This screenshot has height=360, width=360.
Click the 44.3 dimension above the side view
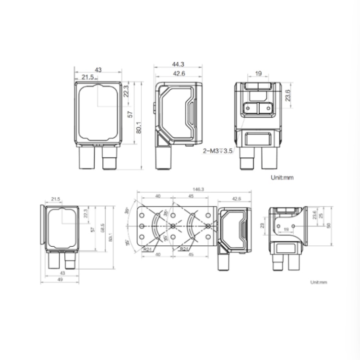pyautogui.click(x=179, y=64)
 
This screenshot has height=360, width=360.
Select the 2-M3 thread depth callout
pyautogui.click(x=217, y=151)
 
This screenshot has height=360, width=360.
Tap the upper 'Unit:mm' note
pyautogui.click(x=282, y=177)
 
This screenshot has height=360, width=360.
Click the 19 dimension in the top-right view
pyautogui.click(x=258, y=73)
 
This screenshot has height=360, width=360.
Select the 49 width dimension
pyautogui.click(x=60, y=279)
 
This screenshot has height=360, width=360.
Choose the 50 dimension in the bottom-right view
pyautogui.click(x=329, y=226)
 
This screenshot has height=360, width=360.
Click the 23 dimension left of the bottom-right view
pyautogui.click(x=262, y=225)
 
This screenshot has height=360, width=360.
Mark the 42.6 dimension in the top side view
pyautogui.click(x=179, y=73)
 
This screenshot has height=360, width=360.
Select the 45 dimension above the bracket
pyautogui.click(x=191, y=196)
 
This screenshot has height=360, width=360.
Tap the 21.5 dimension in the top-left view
pyautogui.click(x=87, y=77)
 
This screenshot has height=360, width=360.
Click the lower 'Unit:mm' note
pyautogui.click(x=318, y=282)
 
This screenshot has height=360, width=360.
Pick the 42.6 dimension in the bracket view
pyautogui.click(x=236, y=198)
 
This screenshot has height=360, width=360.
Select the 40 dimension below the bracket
pyautogui.click(x=158, y=255)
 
